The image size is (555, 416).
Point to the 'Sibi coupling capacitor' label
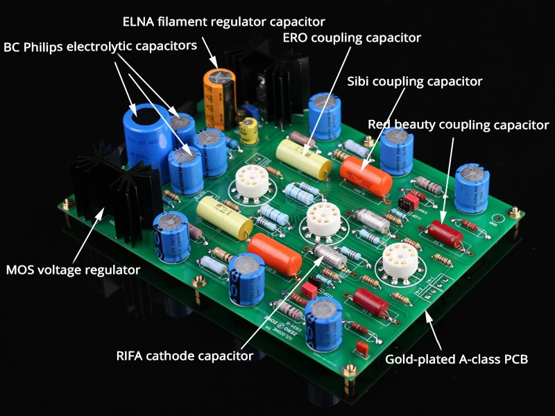point(414,81)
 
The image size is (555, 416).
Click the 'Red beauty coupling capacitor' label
point(458,125)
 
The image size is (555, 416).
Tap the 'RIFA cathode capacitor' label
point(183,356)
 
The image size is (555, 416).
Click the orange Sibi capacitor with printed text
point(366,174)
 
